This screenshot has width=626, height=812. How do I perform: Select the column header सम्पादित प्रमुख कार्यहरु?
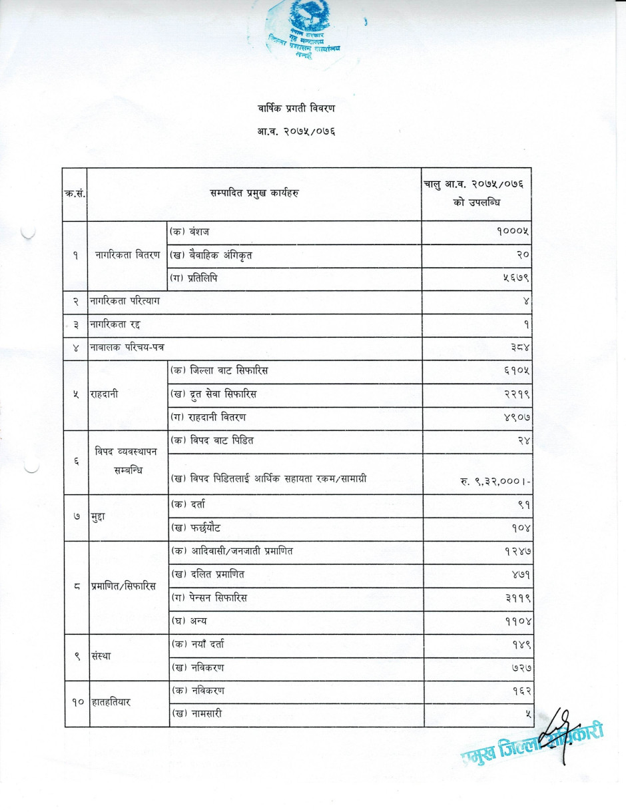[x=254, y=193]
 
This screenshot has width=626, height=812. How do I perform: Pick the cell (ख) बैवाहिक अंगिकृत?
[x=212, y=256]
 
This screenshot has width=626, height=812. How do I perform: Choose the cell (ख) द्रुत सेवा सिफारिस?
[x=213, y=395]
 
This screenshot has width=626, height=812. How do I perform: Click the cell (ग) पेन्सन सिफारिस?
[x=209, y=598]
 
